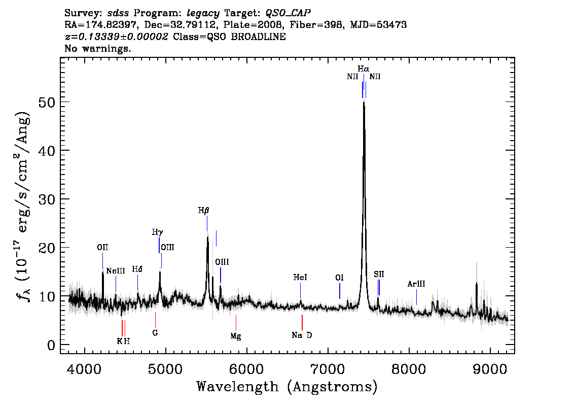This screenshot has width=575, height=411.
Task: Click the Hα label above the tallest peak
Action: pos(364,68)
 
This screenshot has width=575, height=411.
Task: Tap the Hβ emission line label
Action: pos(203,211)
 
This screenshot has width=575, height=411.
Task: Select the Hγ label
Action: pos(157,232)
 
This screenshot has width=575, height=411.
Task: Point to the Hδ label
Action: pos(137,269)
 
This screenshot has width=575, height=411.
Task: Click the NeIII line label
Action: pos(116,271)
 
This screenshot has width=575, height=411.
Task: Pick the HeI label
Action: pos(300,278)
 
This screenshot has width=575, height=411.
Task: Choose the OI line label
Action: pos(339,278)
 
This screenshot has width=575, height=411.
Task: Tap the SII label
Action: pos(379,274)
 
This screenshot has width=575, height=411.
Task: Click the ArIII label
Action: pos(416,284)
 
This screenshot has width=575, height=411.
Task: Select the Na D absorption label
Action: pos(302,335)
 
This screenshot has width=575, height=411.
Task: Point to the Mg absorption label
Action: pos(236,336)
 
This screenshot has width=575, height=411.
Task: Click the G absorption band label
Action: pos(155,333)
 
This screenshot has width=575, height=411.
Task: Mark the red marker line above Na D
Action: pos(302,322)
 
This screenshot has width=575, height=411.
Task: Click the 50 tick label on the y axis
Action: pos(47,102)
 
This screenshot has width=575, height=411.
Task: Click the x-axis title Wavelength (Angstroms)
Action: pos(287,387)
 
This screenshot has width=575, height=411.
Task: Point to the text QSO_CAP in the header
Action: pos(288,13)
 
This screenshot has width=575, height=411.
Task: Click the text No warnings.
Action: pos(98,48)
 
